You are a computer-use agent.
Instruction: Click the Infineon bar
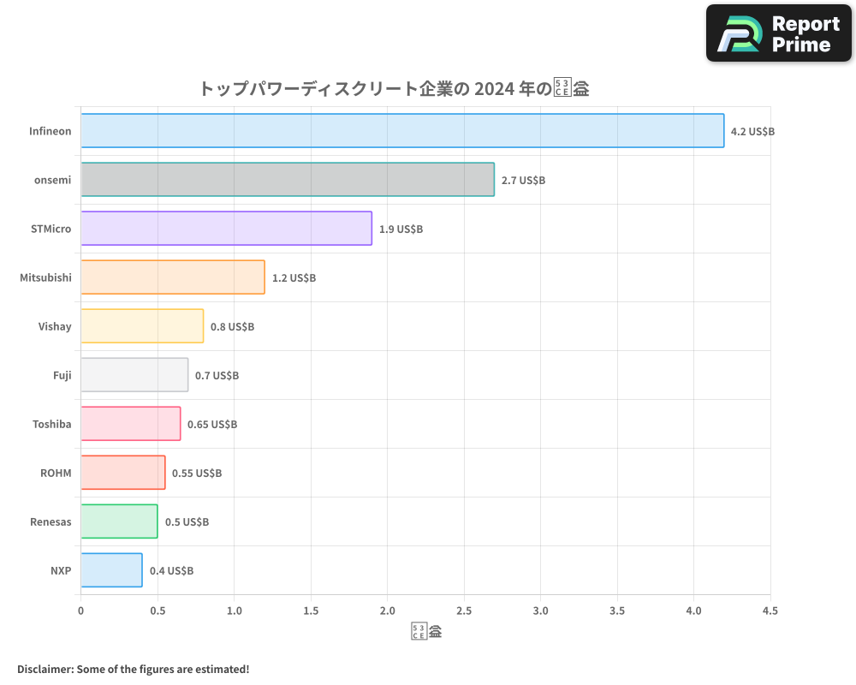click(x=402, y=131)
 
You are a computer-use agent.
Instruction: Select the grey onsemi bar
click(x=288, y=180)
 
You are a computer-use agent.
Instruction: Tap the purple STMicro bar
click(x=226, y=229)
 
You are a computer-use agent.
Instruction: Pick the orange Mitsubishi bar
click(x=173, y=277)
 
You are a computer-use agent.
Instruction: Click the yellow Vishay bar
click(x=142, y=326)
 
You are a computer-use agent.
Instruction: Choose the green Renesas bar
click(x=119, y=521)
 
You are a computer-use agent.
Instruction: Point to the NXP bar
click(x=111, y=570)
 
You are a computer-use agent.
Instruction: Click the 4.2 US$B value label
click(x=752, y=132)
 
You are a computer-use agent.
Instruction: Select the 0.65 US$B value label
click(x=212, y=425)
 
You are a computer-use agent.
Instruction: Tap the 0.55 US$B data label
click(x=197, y=474)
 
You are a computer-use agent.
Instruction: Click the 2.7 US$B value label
click(x=523, y=181)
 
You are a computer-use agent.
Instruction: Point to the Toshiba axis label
click(x=51, y=424)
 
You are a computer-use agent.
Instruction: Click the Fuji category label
click(x=62, y=375)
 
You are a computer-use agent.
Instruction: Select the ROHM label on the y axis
click(x=56, y=473)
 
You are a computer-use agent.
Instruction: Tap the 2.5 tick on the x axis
click(x=464, y=611)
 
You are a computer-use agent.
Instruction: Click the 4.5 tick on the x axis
click(x=770, y=611)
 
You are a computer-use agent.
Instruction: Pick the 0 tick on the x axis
click(x=81, y=611)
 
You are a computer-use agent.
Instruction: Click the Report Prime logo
click(x=778, y=33)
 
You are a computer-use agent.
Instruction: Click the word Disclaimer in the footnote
click(x=45, y=669)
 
